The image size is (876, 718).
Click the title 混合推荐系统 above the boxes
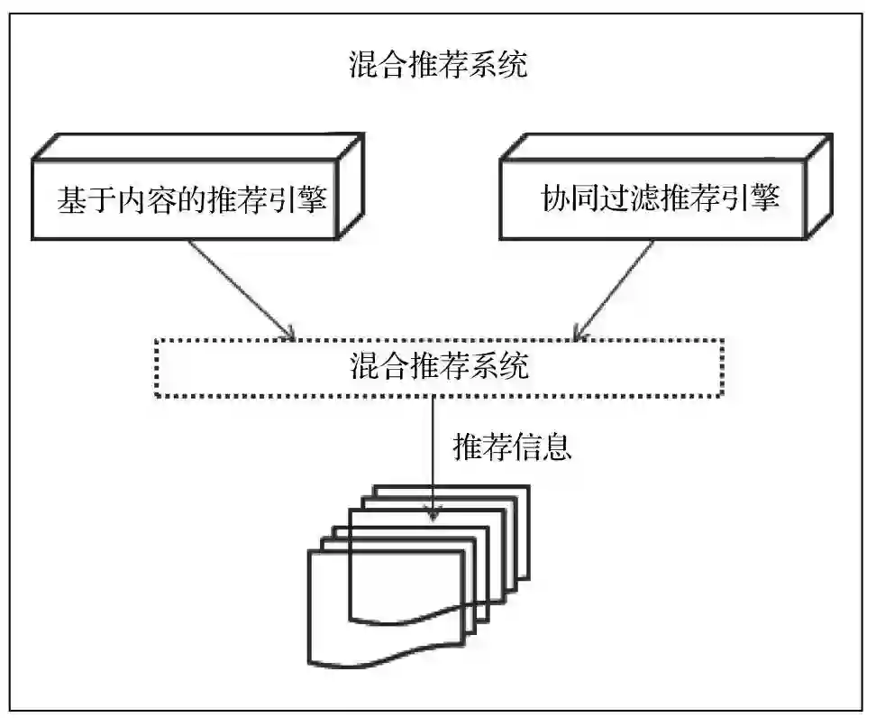pyautogui.click(x=438, y=66)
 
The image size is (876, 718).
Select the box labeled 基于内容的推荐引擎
pyautogui.click(x=190, y=199)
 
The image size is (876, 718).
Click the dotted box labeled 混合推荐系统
pyautogui.click(x=438, y=368)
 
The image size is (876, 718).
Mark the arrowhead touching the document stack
pyautogui.click(x=434, y=514)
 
